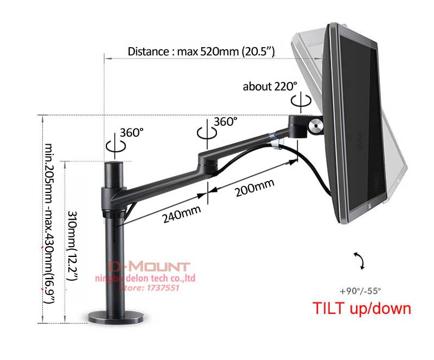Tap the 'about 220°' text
(270, 86)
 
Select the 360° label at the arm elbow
(225, 121)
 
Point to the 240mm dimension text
(179, 215)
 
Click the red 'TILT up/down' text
(362, 308)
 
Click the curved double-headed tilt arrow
(359, 261)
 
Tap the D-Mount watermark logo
(149, 267)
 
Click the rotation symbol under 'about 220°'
(298, 101)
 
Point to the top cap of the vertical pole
(115, 165)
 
